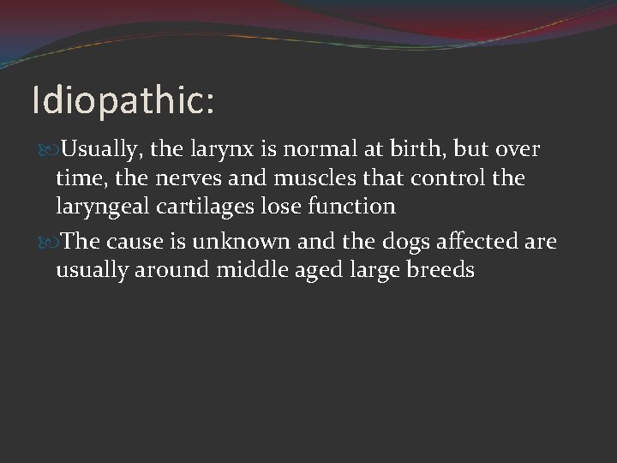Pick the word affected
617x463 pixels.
[x=476, y=243]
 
